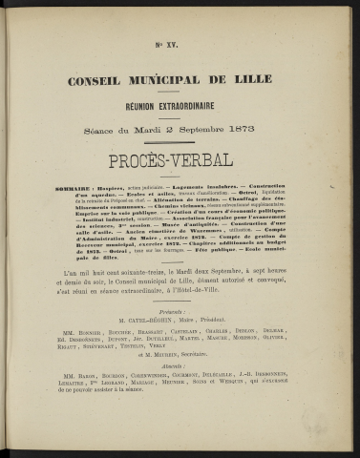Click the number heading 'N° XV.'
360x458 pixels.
180,45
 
